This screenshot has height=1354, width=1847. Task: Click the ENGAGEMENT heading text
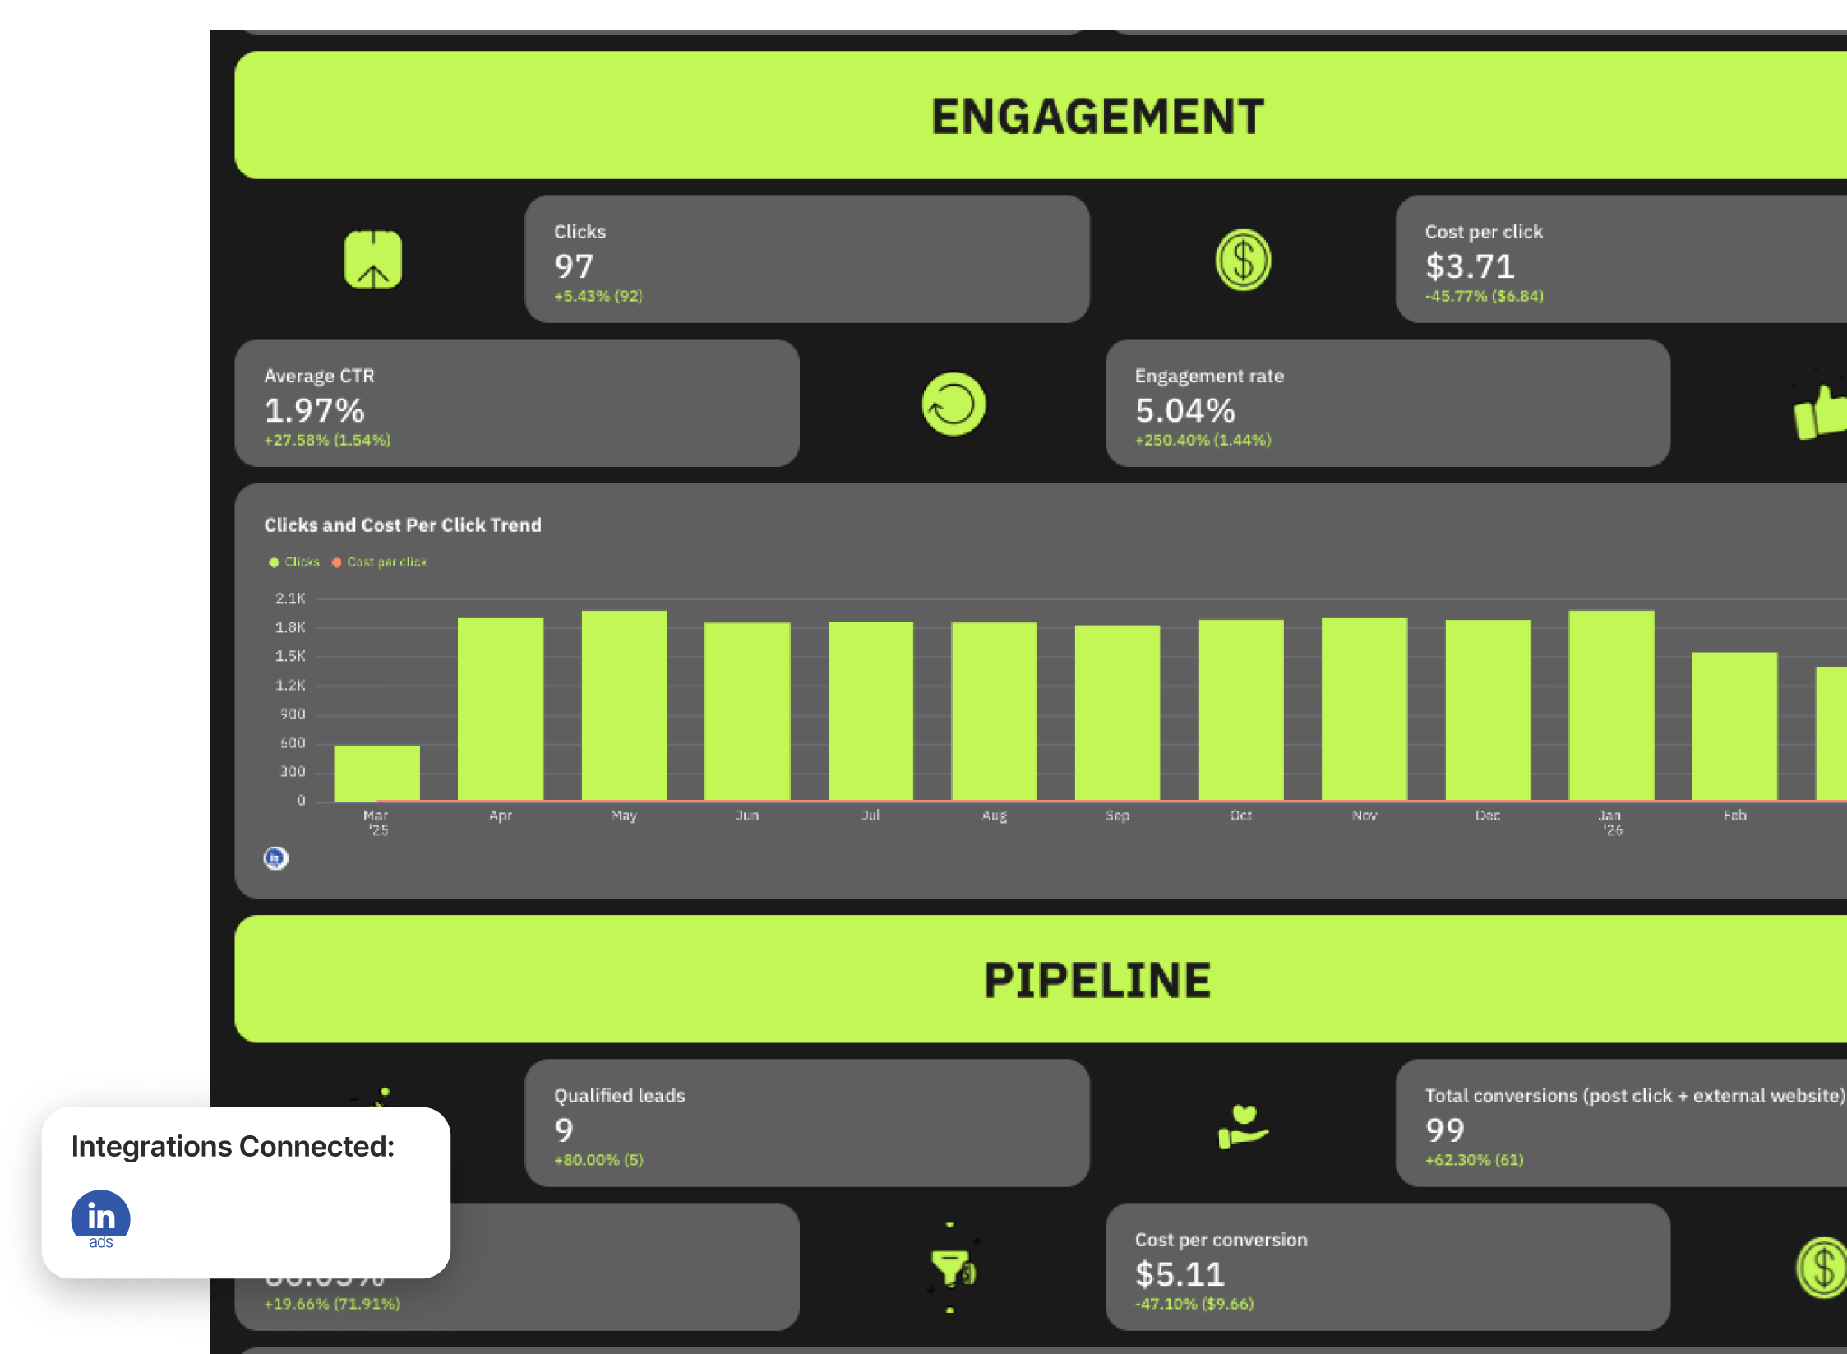1097,117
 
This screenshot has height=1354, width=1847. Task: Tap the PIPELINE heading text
1097,980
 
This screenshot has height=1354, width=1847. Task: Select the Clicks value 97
574,266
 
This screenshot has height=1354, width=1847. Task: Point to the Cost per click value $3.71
1470,266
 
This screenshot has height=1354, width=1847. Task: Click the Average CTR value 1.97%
314,410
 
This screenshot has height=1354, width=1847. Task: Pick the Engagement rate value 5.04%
1185,410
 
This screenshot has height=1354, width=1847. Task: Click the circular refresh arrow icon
954,404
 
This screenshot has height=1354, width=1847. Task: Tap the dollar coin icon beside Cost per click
1243,261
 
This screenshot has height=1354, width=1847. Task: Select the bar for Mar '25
377,773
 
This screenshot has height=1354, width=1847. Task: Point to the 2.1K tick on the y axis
290,598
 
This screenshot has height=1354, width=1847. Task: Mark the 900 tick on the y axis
292,714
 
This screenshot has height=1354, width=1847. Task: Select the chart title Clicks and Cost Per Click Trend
403,525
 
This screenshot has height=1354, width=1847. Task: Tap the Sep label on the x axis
1117,816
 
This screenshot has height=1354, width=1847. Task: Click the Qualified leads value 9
564,1130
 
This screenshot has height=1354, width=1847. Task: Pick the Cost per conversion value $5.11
1180,1274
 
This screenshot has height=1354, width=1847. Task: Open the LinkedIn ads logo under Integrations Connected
101,1219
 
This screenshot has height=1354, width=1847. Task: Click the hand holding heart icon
1243,1126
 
